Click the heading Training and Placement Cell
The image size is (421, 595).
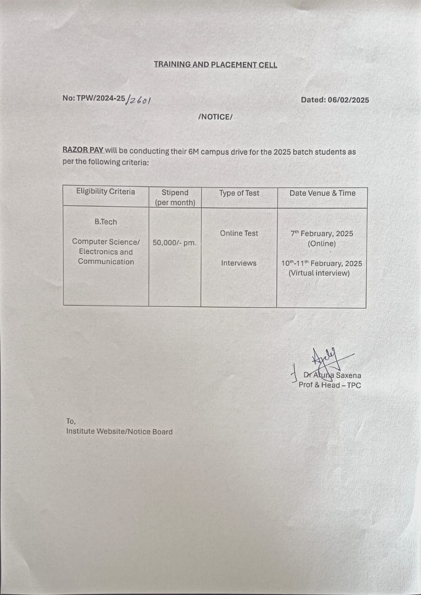click(x=215, y=65)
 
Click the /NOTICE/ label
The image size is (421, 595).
click(x=215, y=117)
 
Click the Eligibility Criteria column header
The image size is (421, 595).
click(x=105, y=192)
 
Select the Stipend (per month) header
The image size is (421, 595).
click(x=175, y=198)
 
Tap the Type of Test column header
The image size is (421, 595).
click(x=239, y=193)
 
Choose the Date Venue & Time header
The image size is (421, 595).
click(x=322, y=193)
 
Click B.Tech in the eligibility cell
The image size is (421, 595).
click(x=105, y=222)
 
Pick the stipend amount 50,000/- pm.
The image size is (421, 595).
click(x=174, y=242)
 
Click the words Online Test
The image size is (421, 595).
click(x=239, y=233)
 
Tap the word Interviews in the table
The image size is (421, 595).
click(x=238, y=263)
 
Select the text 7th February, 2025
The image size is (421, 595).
click(x=322, y=233)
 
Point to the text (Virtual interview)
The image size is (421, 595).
click(x=319, y=273)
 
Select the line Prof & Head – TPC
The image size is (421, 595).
click(x=329, y=385)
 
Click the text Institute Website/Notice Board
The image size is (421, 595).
click(x=119, y=431)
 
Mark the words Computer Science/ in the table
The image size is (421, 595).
click(x=105, y=242)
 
